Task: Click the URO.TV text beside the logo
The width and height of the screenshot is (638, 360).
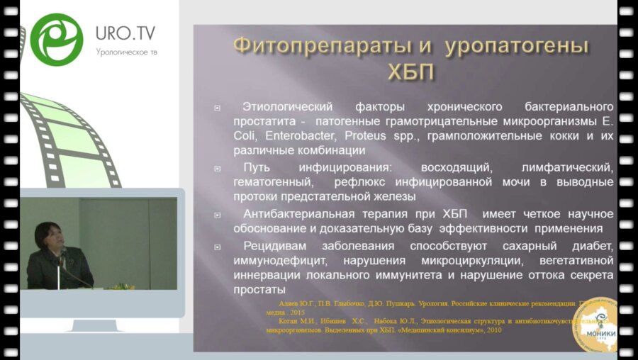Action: point(125,33)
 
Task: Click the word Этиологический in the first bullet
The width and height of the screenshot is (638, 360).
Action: point(287,106)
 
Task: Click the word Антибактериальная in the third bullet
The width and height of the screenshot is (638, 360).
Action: point(298,214)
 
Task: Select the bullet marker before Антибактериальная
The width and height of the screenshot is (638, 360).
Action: point(217,215)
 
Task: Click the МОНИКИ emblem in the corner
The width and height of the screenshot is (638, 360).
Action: point(594,325)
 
